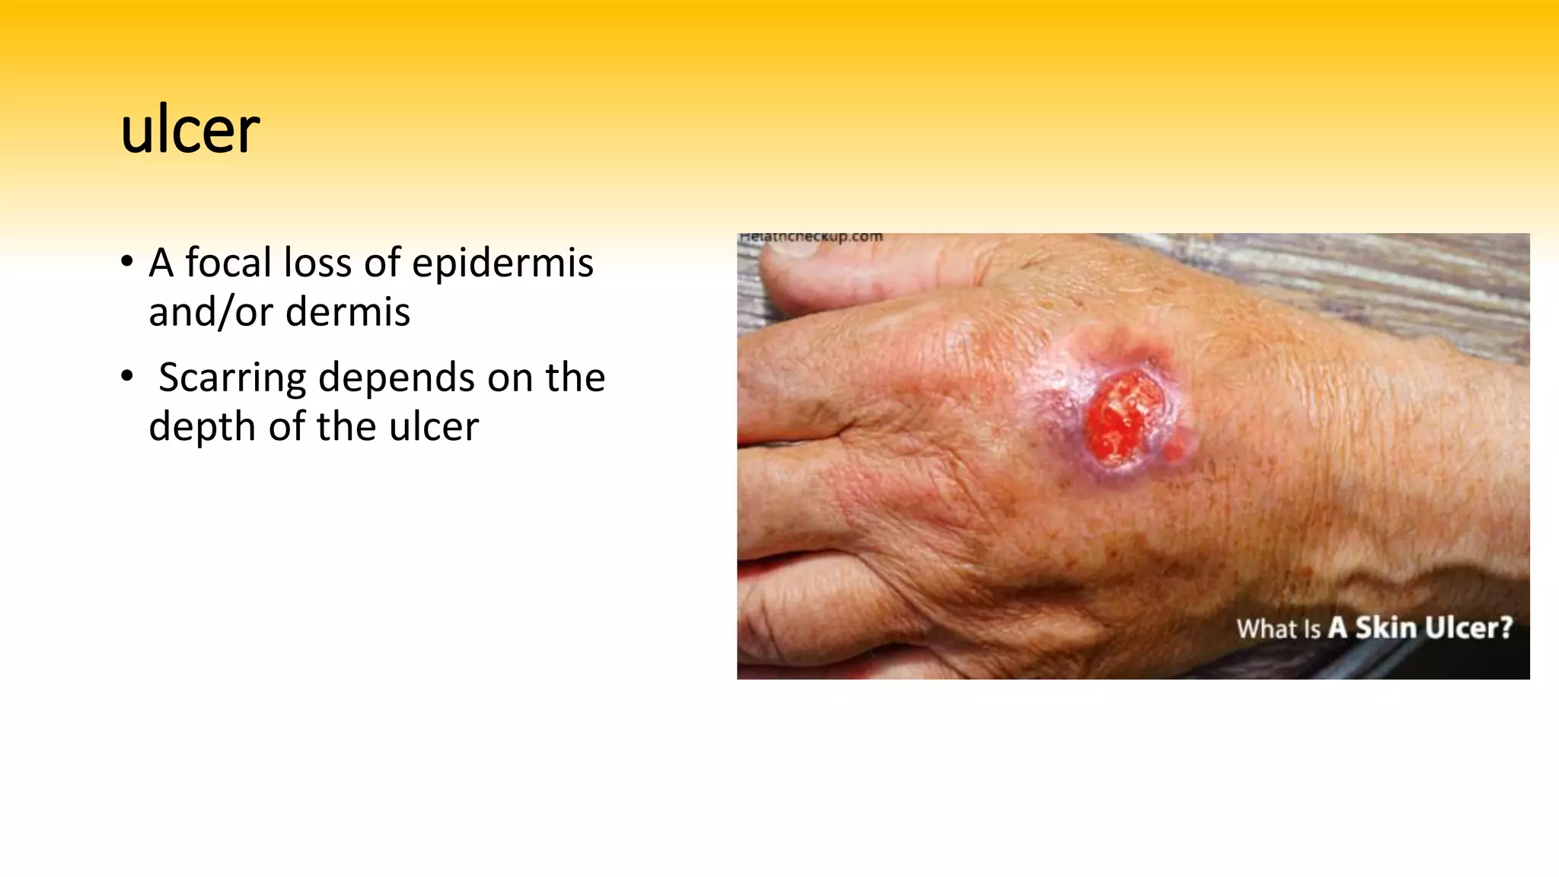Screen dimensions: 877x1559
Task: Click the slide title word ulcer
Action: [x=190, y=131]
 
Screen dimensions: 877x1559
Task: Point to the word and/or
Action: [x=210, y=312]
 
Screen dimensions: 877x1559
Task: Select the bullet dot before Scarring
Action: [x=127, y=377]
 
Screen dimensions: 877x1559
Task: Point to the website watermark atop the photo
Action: [x=811, y=238]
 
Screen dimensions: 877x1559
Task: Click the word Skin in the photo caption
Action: [x=1386, y=628]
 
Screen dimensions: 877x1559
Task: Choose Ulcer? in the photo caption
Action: [x=1468, y=628]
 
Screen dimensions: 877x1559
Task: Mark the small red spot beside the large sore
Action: [x=1176, y=446]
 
